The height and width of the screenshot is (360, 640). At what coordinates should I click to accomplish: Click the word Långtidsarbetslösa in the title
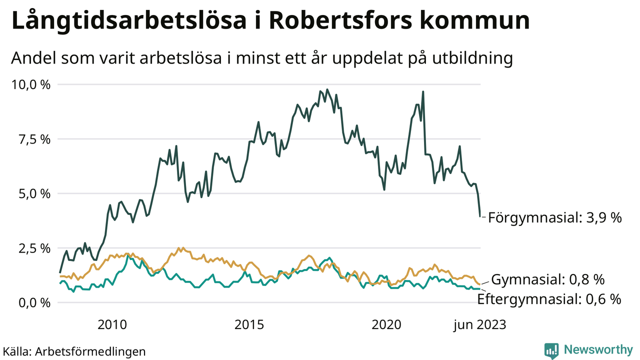click(129, 22)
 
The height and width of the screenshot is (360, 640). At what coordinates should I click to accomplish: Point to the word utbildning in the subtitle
click(468, 58)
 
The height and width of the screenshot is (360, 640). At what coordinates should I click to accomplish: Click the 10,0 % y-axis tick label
click(30, 84)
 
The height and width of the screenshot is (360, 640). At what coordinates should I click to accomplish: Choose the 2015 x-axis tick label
click(248, 325)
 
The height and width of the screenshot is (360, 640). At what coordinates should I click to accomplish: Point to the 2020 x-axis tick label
click(386, 325)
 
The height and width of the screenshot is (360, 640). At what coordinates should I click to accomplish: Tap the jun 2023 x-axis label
click(479, 325)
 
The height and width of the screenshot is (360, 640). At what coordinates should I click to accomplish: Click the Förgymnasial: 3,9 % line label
click(554, 218)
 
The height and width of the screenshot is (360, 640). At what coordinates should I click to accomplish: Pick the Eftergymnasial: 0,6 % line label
click(549, 299)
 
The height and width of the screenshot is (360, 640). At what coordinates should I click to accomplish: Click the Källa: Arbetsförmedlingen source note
click(74, 351)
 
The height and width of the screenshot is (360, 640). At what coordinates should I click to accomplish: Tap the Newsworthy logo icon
click(551, 350)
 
